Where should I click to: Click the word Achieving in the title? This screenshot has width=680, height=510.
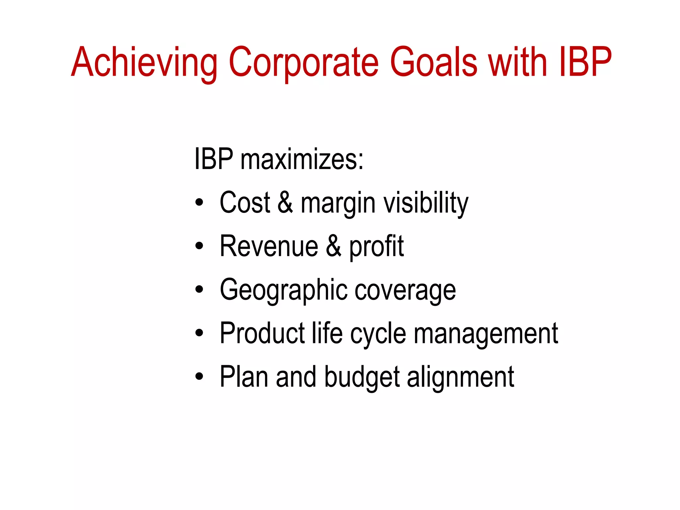[144, 62]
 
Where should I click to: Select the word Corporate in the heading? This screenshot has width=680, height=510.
[303, 62]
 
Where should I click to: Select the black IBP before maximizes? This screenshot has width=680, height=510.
[214, 159]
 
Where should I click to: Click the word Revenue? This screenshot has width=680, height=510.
[269, 246]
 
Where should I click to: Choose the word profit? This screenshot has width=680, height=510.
[377, 247]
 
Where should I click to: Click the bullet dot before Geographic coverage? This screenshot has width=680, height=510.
[199, 289]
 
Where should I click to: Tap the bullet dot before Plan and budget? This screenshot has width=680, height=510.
[199, 376]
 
